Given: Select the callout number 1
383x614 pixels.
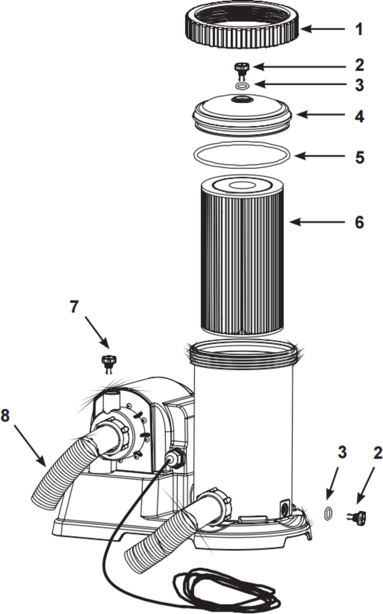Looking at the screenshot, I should [359, 29].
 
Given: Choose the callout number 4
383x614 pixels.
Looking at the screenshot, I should [359, 116].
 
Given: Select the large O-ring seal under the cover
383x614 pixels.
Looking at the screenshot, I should [242, 154].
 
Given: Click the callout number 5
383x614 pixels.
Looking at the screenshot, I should [359, 157].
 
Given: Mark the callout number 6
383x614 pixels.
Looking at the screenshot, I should [359, 222].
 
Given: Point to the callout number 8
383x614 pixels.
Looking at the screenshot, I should [5, 415].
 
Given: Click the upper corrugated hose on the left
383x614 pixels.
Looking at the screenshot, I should [60, 471].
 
